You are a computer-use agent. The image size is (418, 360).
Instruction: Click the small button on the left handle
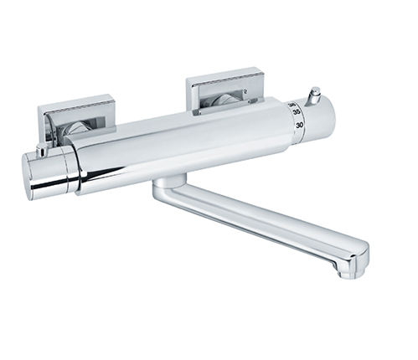click(x=40, y=152)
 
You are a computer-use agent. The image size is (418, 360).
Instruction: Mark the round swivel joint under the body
click(x=169, y=183)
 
